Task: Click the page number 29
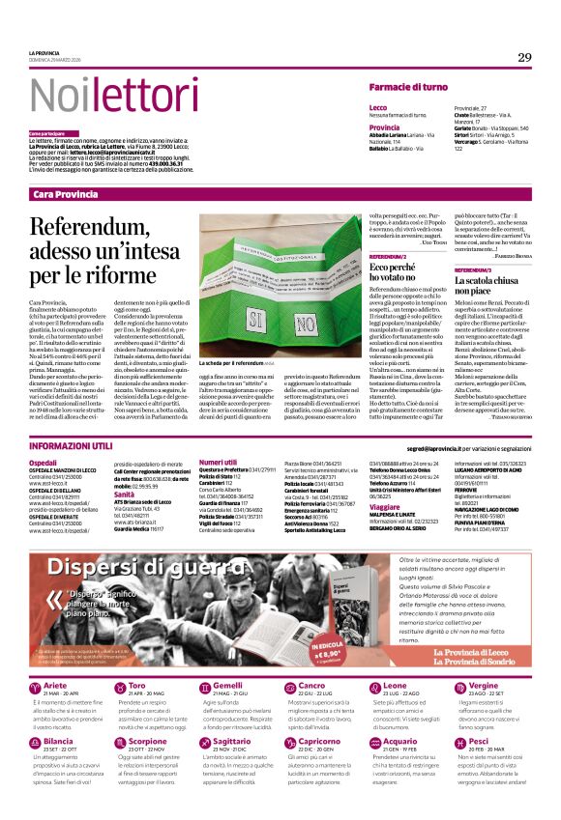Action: coord(524,57)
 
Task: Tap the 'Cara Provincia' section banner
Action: coord(65,195)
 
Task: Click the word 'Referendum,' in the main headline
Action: coord(93,229)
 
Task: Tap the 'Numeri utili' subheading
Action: coord(219,463)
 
